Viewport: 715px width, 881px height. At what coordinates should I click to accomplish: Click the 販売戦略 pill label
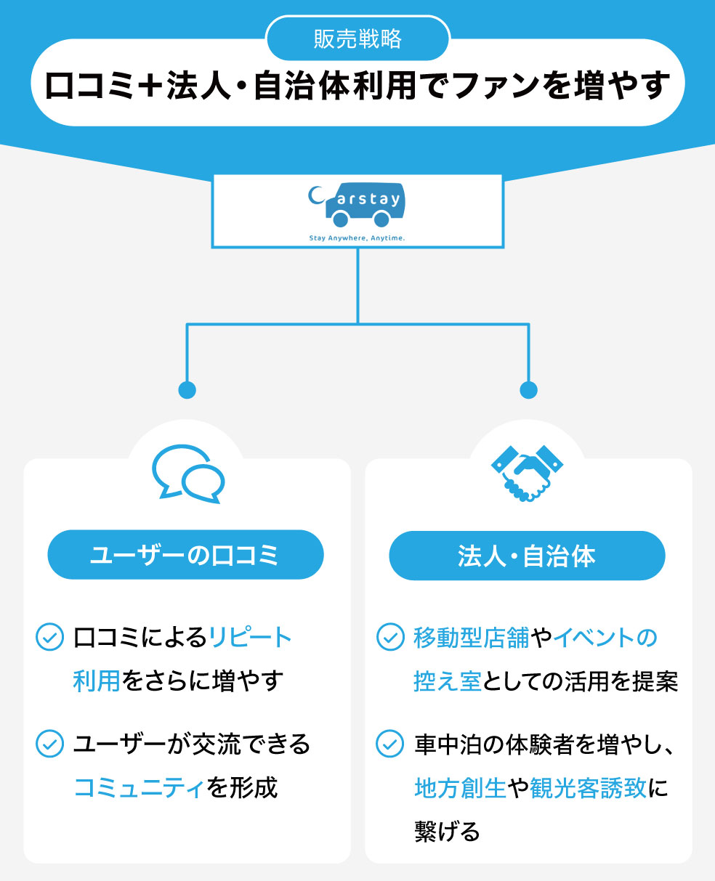[x=357, y=38]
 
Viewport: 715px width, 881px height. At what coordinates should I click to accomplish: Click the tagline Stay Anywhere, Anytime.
[x=357, y=237]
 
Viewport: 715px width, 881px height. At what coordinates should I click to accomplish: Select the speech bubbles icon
[x=187, y=472]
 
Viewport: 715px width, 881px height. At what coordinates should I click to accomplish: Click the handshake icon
[x=528, y=472]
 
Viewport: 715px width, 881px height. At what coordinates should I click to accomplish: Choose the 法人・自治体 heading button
[x=527, y=556]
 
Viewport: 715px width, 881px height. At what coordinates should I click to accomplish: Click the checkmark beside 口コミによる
[x=49, y=638]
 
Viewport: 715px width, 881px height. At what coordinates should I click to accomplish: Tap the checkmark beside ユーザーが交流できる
[x=49, y=744]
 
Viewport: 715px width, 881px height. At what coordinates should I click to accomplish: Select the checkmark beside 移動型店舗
[x=390, y=638]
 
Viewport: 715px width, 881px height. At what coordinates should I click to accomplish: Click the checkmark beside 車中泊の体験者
[x=390, y=744]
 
